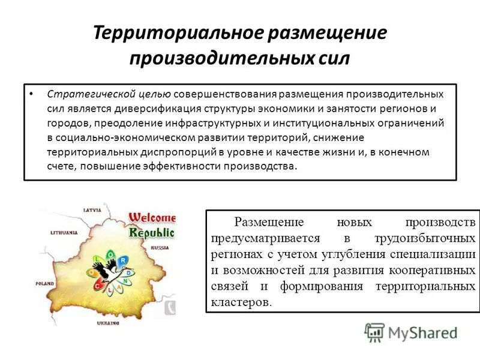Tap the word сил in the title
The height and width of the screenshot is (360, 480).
click(x=332, y=59)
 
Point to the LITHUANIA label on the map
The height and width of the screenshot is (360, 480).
click(x=65, y=232)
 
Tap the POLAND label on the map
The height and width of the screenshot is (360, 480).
click(x=44, y=281)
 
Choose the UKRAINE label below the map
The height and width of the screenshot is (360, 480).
click(x=109, y=323)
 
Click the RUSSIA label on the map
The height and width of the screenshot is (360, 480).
click(x=160, y=247)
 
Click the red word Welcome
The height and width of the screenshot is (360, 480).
click(x=152, y=217)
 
